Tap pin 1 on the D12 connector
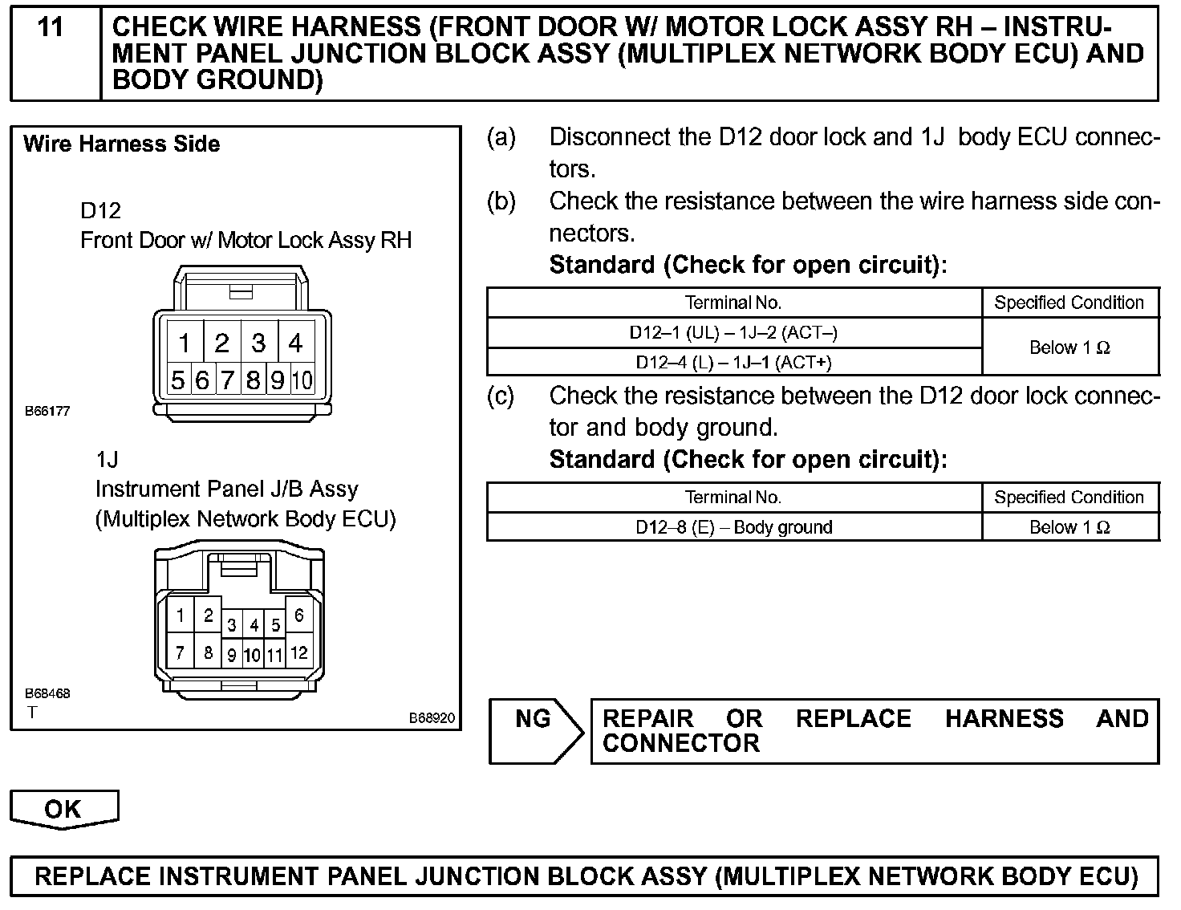184,343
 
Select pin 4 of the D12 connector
296,343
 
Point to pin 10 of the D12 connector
302,380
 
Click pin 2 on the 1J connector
208,615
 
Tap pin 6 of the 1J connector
298,615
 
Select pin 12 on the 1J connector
298,653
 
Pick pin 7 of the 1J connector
181,653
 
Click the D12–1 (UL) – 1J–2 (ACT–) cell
733,332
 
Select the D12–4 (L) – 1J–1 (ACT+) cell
733,362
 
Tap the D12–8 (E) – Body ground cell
733,527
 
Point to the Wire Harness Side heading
122,144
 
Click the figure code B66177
47,412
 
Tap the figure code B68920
432,718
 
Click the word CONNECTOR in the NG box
680,743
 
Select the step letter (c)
501,396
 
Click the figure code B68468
47,693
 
